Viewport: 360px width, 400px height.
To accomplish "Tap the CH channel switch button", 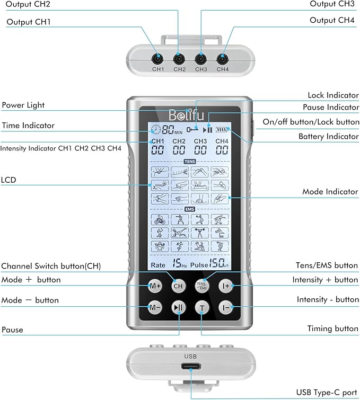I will pyautogui.click(x=178, y=286).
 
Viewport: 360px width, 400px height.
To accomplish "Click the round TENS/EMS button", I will pyautogui.click(x=202, y=286).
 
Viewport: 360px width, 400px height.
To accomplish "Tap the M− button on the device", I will pyautogui.click(x=155, y=307).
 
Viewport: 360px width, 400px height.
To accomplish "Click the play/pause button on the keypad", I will pyautogui.click(x=178, y=307).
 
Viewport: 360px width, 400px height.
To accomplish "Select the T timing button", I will pyautogui.click(x=202, y=307).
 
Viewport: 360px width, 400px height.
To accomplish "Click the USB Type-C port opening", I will pyautogui.click(x=190, y=367).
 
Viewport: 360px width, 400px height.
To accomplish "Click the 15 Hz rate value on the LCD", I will pyautogui.click(x=178, y=263).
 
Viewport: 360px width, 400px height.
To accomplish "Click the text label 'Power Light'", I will pyautogui.click(x=23, y=105).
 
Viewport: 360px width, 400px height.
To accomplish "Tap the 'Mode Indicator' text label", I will pyautogui.click(x=330, y=191).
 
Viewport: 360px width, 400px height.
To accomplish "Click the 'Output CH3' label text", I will pyautogui.click(x=332, y=4).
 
